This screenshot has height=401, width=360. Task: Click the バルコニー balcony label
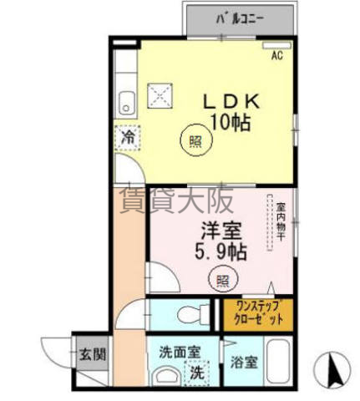coord(240,19)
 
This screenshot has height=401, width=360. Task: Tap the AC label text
coord(277,56)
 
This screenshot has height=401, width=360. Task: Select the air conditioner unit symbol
coord(277,45)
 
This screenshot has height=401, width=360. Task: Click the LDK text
coord(231,102)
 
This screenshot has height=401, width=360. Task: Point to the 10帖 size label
coord(231,122)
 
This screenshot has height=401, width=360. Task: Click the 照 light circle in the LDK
coord(196,140)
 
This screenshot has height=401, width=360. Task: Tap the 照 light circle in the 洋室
coord(223,279)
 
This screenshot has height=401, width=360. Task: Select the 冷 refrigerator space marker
coord(128,138)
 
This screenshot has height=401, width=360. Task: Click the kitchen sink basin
coord(127,102)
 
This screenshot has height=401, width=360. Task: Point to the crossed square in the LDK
coord(160,95)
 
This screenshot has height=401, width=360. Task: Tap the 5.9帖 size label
coord(221,251)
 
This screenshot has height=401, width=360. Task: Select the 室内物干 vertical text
coord(280,221)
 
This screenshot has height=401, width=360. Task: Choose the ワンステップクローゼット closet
coord(258,315)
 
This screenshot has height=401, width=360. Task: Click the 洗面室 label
coord(180,353)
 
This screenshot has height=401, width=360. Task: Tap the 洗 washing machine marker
coord(197,373)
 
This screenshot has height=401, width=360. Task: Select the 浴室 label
coord(244,363)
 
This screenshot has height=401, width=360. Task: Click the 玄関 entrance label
coord(93,355)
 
